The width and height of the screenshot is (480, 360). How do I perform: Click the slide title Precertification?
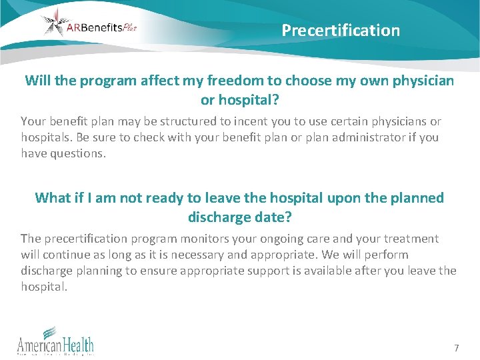coord(341,31)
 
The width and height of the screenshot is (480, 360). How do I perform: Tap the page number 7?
coord(456,348)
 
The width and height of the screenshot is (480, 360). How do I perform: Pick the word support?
coord(284,271)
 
